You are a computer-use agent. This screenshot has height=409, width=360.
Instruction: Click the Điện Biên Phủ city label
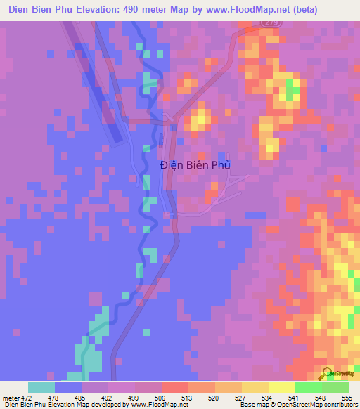click(x=195, y=165)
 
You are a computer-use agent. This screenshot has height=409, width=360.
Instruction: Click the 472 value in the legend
click(x=25, y=398)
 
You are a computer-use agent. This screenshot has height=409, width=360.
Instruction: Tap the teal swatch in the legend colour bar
click(x=41, y=387)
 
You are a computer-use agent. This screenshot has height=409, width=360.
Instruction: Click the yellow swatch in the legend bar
click(x=281, y=387)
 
